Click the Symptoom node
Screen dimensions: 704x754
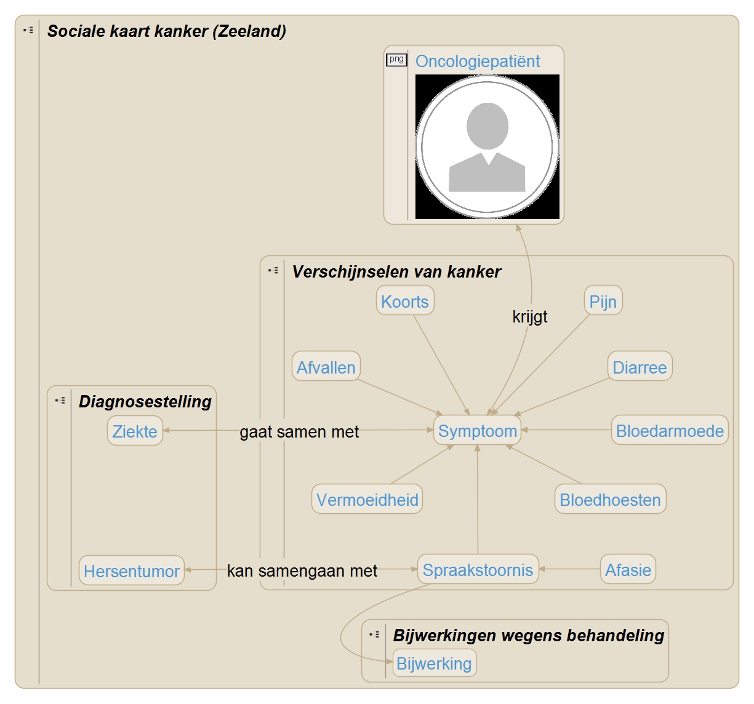coord(478,431)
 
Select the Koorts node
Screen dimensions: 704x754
coord(405,302)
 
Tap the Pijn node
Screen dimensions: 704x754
coord(603,302)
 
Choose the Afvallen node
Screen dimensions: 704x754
coord(326,367)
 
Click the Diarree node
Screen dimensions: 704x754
coord(640,367)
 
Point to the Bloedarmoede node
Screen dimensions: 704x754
coord(670,431)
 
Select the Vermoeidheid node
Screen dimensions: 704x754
coord(367,500)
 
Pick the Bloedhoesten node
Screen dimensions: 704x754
coord(610,500)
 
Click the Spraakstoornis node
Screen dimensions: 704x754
coord(478,570)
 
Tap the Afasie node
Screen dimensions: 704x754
coord(628,570)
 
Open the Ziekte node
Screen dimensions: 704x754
coord(135,431)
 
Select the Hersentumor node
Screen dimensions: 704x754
coord(132,571)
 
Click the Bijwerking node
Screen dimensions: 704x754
coord(434,663)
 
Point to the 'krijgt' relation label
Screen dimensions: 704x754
coord(530,317)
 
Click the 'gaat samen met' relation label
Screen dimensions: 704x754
coord(299,432)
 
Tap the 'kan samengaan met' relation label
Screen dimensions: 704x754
coord(302,571)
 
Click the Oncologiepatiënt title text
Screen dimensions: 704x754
coord(478,62)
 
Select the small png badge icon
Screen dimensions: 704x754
coord(396,60)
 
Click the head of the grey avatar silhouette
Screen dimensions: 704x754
coord(487,126)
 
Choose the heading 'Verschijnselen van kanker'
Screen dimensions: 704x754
coord(396,272)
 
